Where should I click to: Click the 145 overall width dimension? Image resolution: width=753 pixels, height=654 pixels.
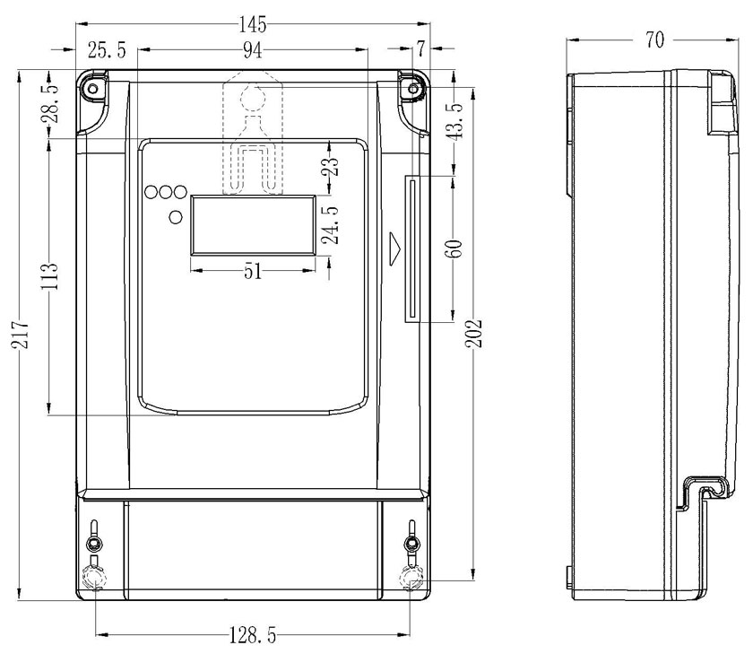pos(253,24)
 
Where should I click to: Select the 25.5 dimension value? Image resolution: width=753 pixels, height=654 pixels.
pos(107,50)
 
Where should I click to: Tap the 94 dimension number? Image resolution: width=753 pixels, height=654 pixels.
pos(253,50)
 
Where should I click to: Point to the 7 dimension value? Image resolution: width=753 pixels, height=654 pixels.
pos(420,48)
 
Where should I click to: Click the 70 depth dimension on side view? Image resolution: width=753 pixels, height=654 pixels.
pos(654,39)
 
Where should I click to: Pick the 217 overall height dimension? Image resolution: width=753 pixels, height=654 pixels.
pos(22,334)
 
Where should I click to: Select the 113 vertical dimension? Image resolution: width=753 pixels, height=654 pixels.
pos(49,275)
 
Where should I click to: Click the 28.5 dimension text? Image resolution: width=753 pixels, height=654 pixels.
pos(52,103)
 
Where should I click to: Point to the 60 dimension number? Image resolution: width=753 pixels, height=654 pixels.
pos(454,249)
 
